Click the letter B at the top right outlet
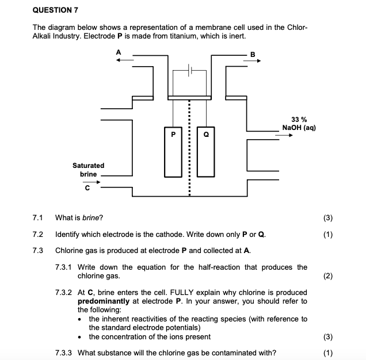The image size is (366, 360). coord(251,55)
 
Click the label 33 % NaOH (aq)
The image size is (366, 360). coord(299,123)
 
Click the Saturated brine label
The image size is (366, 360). coord(88,169)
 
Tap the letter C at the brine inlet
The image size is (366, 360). coord(87,187)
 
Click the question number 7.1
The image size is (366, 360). coord(39,218)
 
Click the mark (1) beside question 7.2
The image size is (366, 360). coord(328,235)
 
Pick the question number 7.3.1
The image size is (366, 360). coord(64,267)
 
